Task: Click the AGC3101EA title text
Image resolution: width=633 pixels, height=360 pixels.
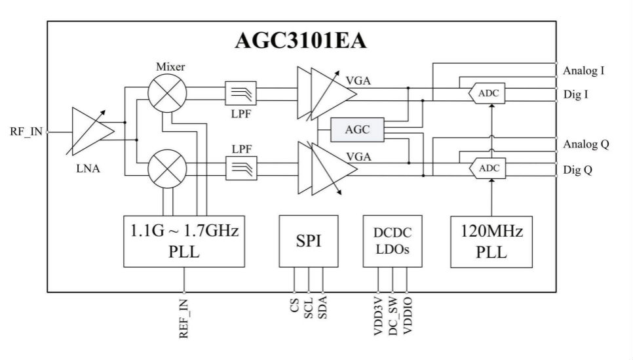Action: [301, 41]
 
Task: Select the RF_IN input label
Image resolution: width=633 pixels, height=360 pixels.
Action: [26, 131]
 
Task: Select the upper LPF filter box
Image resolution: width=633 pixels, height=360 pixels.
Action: [240, 93]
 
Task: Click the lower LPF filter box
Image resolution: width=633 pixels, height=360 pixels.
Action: [240, 168]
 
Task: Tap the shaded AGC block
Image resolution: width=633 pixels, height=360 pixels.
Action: [357, 130]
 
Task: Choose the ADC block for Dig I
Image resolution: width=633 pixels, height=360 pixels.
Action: [488, 94]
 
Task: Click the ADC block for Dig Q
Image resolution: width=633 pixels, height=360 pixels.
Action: [488, 169]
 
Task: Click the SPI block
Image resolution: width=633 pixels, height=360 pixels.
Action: [308, 241]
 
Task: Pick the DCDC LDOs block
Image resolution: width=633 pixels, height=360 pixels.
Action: [393, 241]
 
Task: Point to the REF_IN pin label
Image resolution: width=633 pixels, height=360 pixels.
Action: [184, 319]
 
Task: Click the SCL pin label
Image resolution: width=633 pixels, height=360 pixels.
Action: [308, 309]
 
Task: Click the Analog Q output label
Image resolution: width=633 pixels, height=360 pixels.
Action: [586, 144]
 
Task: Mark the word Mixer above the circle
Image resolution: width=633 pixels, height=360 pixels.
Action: [170, 68]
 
